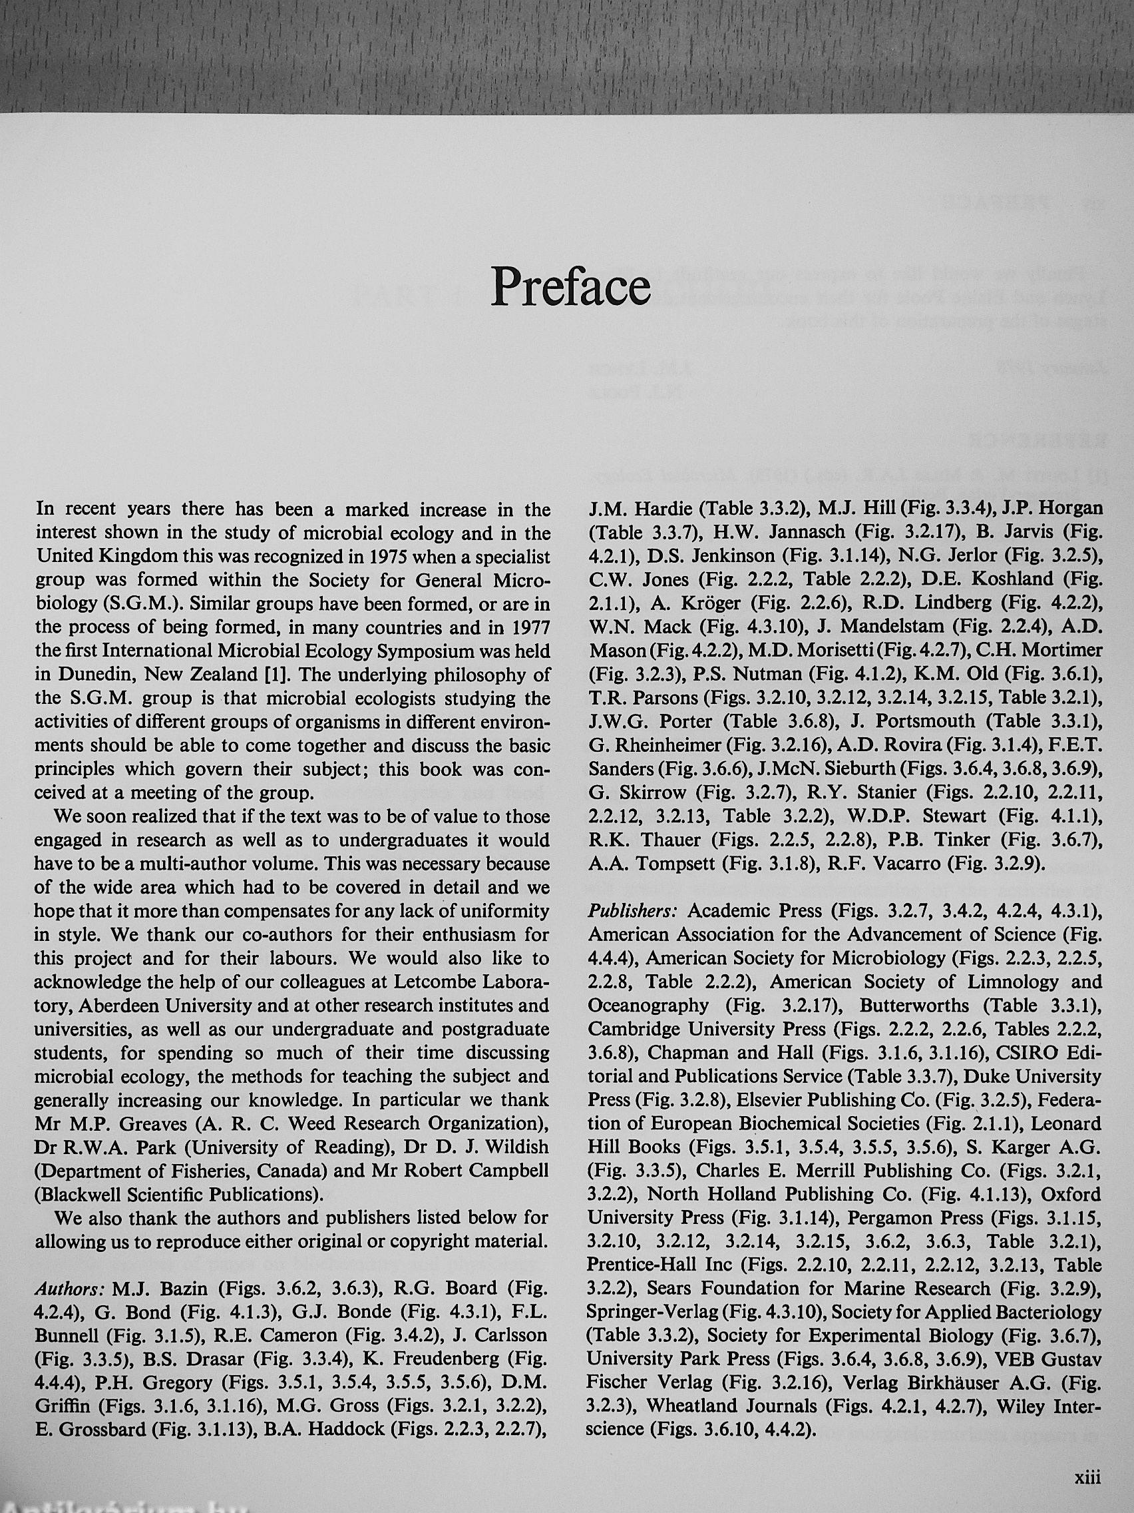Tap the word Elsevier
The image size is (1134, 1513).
(734, 1100)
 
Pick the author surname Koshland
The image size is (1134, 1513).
(1011, 579)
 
